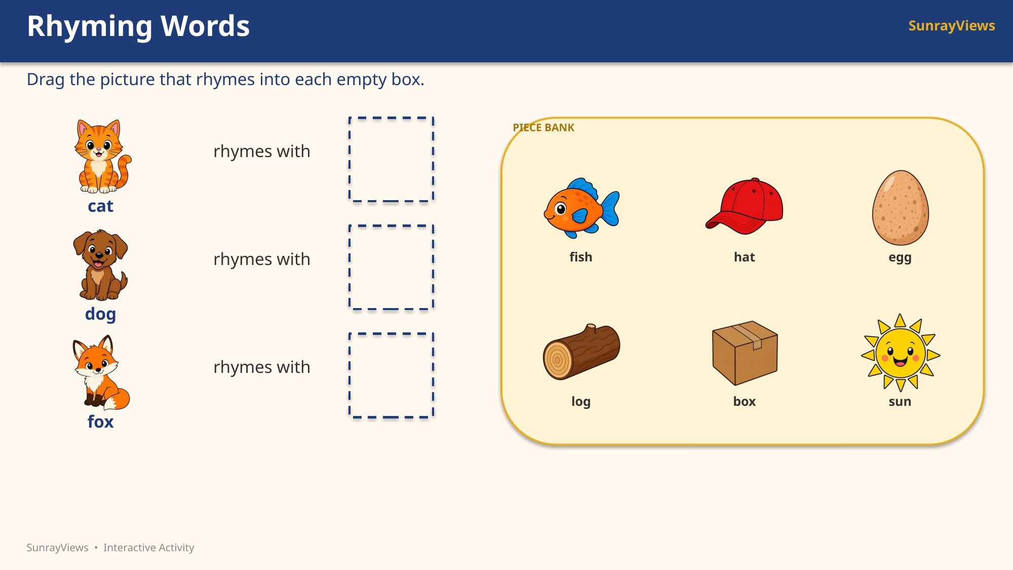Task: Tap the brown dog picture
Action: tap(100, 265)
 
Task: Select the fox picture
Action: tap(101, 372)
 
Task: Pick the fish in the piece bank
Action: tap(581, 208)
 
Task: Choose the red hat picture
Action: tap(744, 206)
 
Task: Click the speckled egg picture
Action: tap(900, 208)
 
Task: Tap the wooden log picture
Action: tap(581, 352)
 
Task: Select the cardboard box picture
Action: tap(745, 353)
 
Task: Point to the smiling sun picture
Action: tap(900, 353)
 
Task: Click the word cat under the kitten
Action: tap(100, 206)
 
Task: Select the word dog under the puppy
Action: tap(100, 314)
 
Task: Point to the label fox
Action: tap(100, 422)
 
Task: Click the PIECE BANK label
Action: tap(543, 128)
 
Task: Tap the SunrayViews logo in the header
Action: tap(952, 26)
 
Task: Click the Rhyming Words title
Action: tap(138, 26)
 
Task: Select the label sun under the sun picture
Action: tap(900, 402)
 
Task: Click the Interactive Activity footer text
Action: tap(149, 548)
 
